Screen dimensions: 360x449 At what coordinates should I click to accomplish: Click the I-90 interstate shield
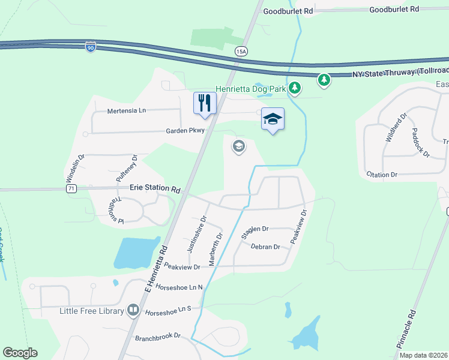tap(90, 46)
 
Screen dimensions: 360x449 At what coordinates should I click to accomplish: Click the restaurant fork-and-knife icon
tap(204, 103)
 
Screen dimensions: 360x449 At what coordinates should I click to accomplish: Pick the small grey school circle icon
tap(239, 146)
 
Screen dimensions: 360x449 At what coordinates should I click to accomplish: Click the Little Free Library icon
tap(133, 311)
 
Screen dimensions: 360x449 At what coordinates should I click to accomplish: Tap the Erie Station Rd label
tap(155, 188)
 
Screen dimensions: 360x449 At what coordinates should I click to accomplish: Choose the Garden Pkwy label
tap(186, 130)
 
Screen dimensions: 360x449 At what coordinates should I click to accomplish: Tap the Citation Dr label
tap(382, 175)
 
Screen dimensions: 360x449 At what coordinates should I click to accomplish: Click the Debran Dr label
tap(265, 247)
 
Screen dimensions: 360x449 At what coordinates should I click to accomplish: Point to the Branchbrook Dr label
tap(158, 337)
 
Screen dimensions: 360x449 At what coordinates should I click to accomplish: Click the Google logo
tap(20, 353)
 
